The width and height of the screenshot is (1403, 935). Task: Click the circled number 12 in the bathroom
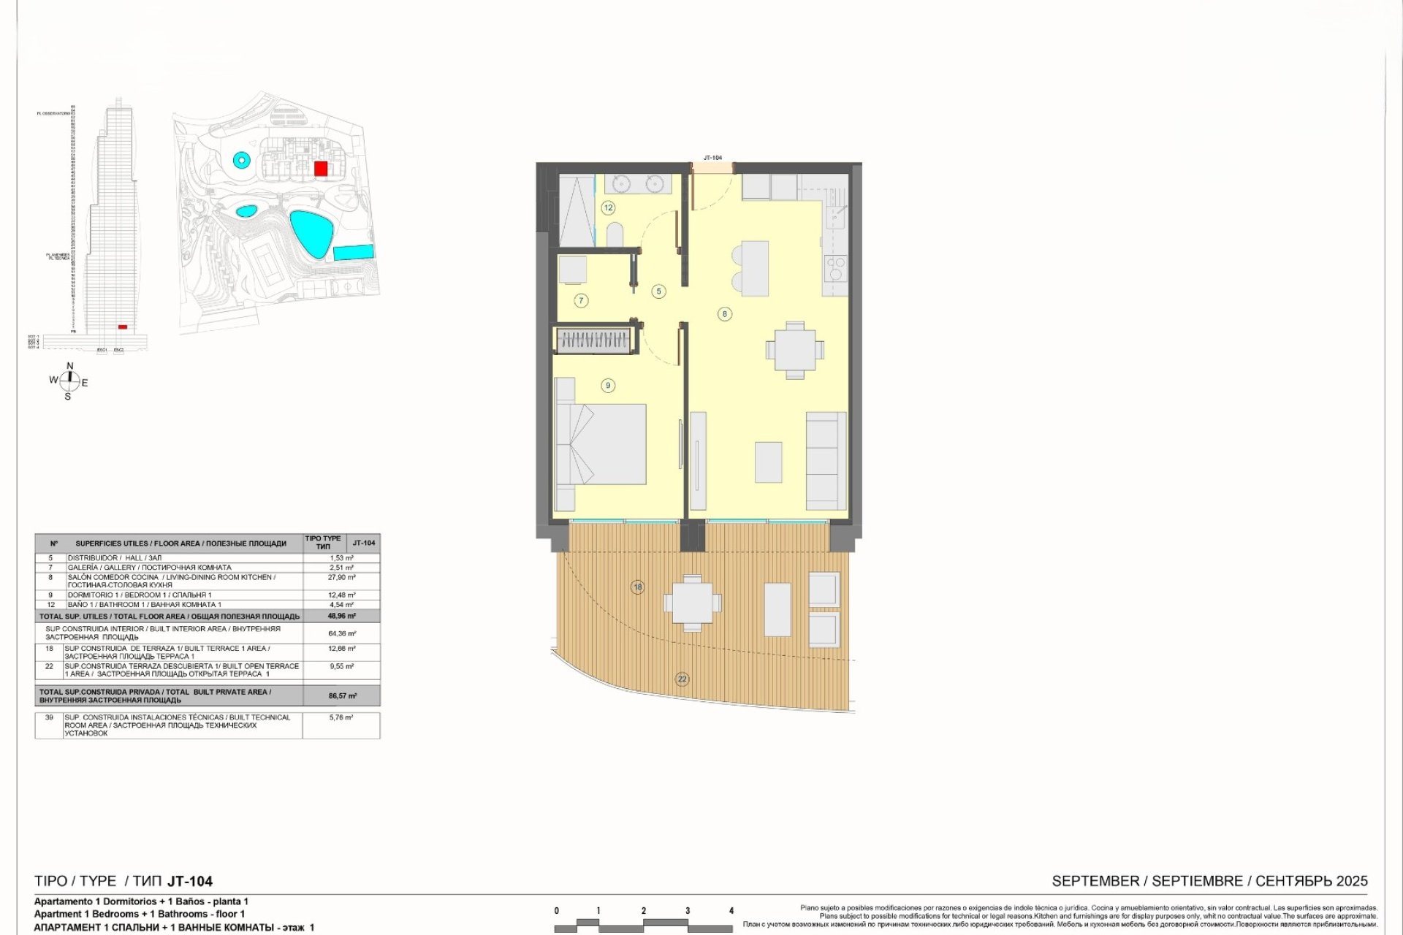[x=609, y=207]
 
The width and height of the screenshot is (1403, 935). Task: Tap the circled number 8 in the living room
[x=725, y=314]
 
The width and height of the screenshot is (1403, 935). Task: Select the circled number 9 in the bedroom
[x=607, y=386]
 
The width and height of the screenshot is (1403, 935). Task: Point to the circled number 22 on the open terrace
[x=683, y=679]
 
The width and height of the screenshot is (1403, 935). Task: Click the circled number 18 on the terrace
[x=638, y=587]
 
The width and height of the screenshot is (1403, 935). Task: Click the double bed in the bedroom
[x=601, y=443]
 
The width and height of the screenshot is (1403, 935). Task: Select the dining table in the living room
[x=794, y=350]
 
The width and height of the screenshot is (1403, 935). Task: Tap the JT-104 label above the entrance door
[x=712, y=158]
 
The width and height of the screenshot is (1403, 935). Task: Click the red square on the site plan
[x=320, y=169]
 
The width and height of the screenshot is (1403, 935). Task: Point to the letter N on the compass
[x=70, y=366]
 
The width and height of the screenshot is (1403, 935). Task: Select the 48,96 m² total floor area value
[x=342, y=616]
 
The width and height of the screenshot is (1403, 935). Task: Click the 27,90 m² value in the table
[x=342, y=577]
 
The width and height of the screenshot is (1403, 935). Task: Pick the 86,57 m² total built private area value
[x=342, y=696]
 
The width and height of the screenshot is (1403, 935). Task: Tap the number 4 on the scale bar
[x=731, y=911]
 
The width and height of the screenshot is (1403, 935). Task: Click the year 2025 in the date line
[x=1351, y=881]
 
